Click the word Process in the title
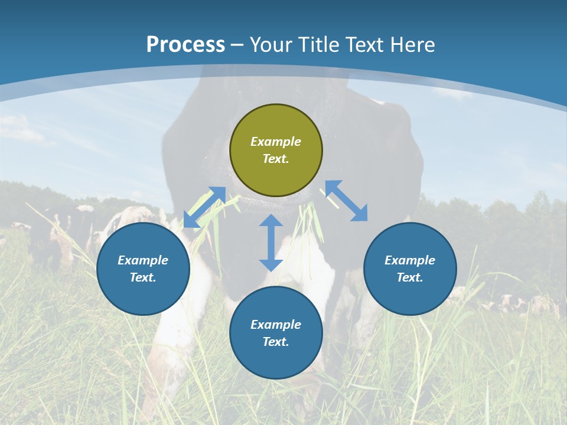[x=185, y=45]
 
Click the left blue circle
[x=143, y=269]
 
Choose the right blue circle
[x=410, y=269]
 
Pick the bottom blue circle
[x=276, y=333]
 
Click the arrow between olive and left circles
[x=204, y=207]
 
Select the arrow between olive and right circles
[x=346, y=201]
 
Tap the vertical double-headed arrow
[x=271, y=243]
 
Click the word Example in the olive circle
[x=276, y=142]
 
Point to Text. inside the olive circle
[x=276, y=159]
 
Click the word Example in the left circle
[x=143, y=260]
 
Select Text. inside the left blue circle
[x=143, y=277]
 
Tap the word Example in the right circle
[x=410, y=260]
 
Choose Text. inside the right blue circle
[x=410, y=277]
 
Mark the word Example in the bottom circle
[x=276, y=325]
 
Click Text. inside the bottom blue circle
[x=276, y=342]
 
